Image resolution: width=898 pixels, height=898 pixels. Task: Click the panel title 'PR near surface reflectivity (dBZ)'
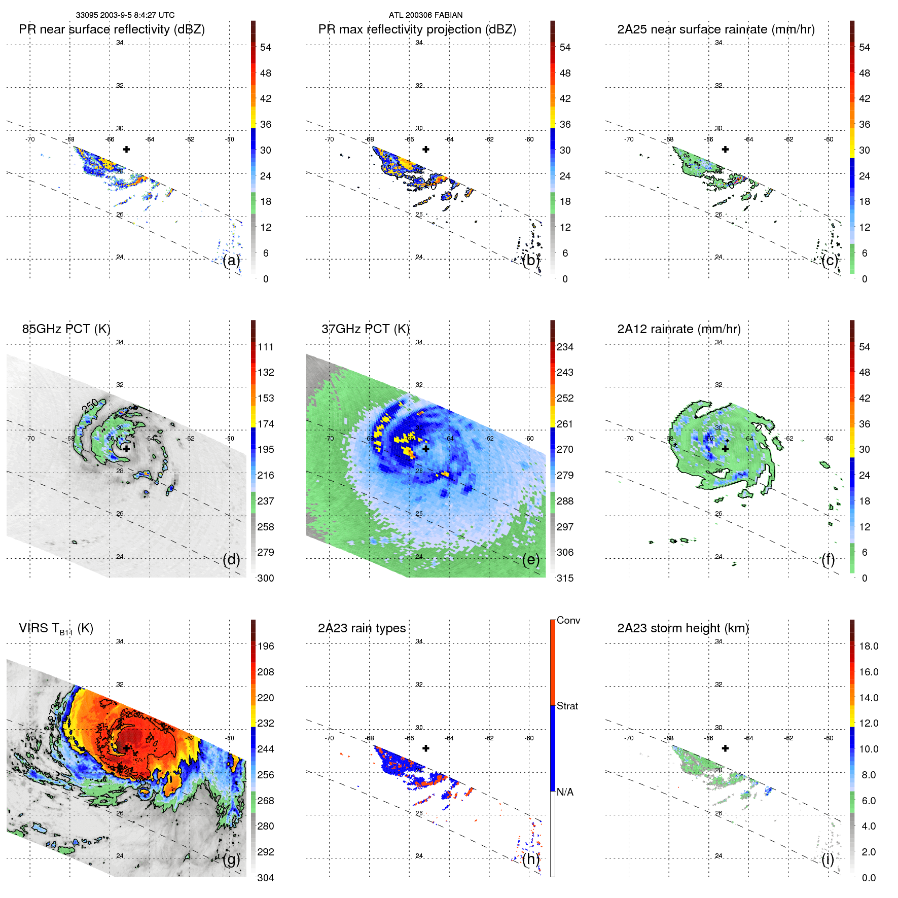tap(112, 29)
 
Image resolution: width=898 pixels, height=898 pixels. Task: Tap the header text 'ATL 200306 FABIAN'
tap(425, 15)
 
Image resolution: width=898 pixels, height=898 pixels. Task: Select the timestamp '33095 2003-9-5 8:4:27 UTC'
tap(125, 15)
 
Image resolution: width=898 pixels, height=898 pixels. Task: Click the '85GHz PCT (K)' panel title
tap(66, 329)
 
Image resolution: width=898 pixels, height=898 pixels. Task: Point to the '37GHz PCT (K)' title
tap(365, 329)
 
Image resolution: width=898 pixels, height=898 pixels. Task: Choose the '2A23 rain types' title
tap(362, 628)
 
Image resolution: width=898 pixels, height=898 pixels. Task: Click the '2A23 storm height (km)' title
tap(683, 628)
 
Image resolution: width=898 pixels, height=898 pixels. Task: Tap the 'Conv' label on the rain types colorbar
tap(568, 620)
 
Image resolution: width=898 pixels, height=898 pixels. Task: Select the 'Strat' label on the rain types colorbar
tap(567, 706)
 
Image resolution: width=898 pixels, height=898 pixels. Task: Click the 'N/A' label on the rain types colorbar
tap(565, 792)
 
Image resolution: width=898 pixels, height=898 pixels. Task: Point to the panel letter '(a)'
tap(231, 261)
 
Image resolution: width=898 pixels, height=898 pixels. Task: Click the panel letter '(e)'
tap(531, 560)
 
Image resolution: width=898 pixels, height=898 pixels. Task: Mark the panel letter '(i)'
tap(828, 859)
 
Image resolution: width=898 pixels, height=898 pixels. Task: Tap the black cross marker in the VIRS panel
tap(126, 748)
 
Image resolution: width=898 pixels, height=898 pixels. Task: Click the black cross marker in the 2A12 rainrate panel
tap(725, 449)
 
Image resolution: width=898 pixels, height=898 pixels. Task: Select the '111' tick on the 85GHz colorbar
tap(265, 347)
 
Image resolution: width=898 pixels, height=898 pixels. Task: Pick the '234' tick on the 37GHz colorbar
tap(565, 347)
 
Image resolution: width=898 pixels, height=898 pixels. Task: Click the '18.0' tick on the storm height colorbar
tap(868, 646)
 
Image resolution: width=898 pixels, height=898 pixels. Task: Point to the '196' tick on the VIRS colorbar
tap(265, 646)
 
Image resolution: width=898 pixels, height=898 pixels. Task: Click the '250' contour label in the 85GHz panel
tap(90, 406)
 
